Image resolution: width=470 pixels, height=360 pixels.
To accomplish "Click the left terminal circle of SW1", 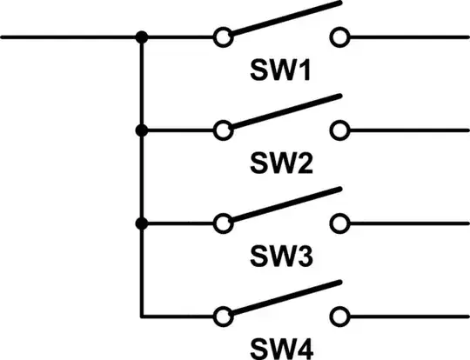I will point(224,37).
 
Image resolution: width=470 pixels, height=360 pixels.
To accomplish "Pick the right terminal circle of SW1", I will point(339,37).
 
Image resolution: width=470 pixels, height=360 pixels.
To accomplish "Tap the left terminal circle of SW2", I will point(224,130).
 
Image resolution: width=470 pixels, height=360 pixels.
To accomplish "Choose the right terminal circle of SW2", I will point(339,130).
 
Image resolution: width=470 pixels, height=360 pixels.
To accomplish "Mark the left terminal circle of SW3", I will point(224,223).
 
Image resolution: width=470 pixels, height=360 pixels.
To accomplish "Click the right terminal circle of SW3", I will point(339,223).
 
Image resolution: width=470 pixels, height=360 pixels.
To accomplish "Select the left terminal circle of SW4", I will point(224,316).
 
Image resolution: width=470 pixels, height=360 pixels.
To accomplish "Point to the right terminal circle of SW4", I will point(339,316).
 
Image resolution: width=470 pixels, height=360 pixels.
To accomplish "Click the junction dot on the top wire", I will point(141,37).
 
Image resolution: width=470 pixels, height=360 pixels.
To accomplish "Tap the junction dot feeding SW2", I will point(141,130).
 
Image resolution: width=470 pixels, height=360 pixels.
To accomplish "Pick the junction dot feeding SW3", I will point(141,223).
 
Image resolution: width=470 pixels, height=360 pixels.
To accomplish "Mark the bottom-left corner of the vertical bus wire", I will point(141,316).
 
